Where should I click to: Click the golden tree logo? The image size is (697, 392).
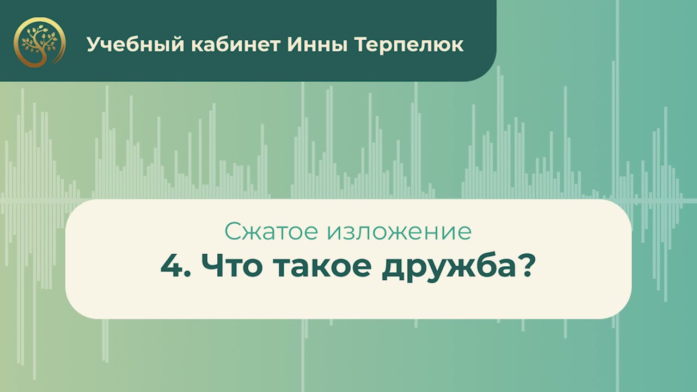[x=40, y=43]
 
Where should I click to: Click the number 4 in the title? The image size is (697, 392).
[x=170, y=268]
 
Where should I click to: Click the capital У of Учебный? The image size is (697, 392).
[x=94, y=45]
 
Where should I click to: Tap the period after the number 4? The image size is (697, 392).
[x=186, y=276]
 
